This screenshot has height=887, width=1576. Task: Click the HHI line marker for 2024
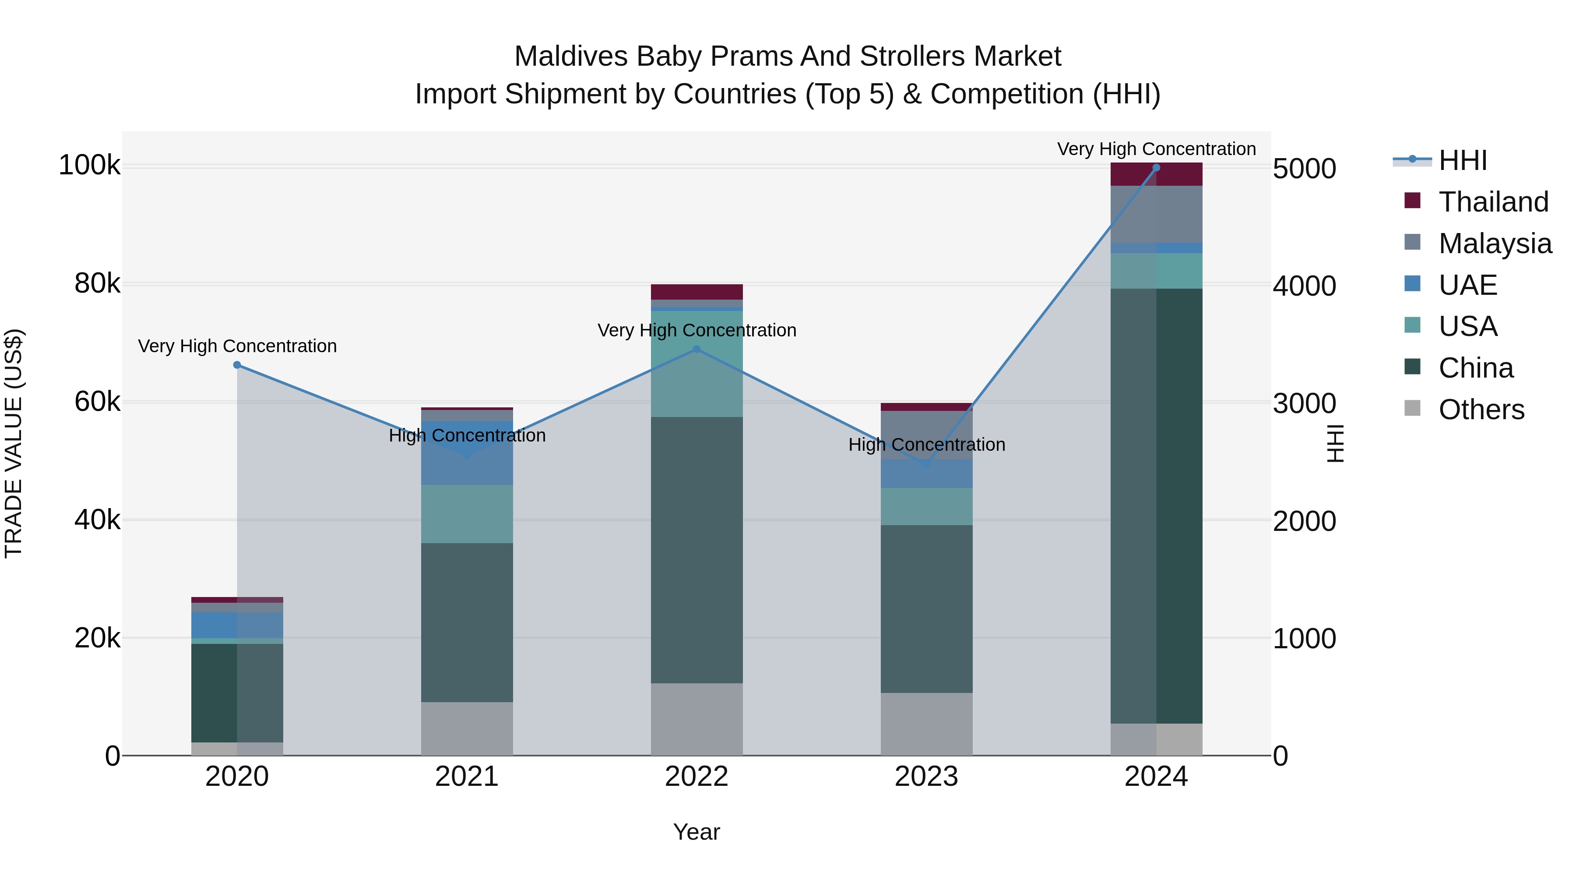tap(1156, 168)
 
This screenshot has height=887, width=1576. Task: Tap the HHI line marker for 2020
tap(237, 365)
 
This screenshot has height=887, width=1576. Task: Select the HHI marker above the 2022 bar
tap(696, 349)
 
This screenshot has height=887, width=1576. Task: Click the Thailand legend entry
tap(1493, 202)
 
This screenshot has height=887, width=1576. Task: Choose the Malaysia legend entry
tap(1494, 244)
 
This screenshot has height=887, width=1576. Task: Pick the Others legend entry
tap(1481, 410)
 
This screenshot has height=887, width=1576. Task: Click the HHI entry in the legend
tap(1462, 160)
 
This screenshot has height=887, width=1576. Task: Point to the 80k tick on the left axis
tap(97, 283)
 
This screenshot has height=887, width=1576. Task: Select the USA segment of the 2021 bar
tap(467, 514)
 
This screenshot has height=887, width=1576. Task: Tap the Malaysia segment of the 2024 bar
tap(1156, 214)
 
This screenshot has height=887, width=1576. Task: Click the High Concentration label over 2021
tap(467, 436)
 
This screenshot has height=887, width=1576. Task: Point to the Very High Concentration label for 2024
tap(1156, 149)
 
